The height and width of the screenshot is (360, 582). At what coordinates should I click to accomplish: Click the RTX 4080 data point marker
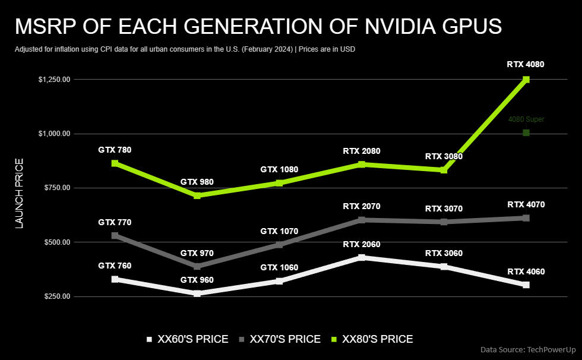526,80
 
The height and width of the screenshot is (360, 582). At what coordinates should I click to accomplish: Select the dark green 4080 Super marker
526,132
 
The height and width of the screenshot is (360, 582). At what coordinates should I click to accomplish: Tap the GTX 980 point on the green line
197,195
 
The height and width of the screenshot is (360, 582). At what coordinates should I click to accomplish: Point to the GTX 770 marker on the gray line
115,236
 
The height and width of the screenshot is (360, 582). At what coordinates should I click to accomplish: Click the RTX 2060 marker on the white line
362,257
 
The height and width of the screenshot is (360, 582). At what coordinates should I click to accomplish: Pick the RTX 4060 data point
526,285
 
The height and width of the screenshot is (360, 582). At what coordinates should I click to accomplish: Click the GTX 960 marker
197,293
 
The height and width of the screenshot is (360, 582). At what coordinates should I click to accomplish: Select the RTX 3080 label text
444,156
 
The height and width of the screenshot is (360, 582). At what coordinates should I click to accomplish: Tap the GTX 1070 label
279,231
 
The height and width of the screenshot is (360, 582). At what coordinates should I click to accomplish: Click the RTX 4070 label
526,204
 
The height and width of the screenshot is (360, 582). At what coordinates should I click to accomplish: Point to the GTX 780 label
115,150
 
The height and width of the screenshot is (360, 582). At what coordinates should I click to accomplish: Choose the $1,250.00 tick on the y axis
54,80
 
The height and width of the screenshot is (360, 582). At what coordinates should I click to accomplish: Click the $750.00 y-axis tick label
57,188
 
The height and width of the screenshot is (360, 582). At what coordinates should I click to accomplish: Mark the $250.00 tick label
57,296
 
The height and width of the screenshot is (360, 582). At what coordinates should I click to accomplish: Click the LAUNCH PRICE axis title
19,193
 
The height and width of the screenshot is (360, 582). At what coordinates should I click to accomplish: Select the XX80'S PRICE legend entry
372,339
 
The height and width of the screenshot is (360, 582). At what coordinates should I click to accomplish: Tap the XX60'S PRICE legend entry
188,339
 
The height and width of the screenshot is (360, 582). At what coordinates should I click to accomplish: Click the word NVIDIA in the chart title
398,26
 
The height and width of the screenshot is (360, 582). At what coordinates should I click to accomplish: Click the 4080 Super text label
526,119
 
